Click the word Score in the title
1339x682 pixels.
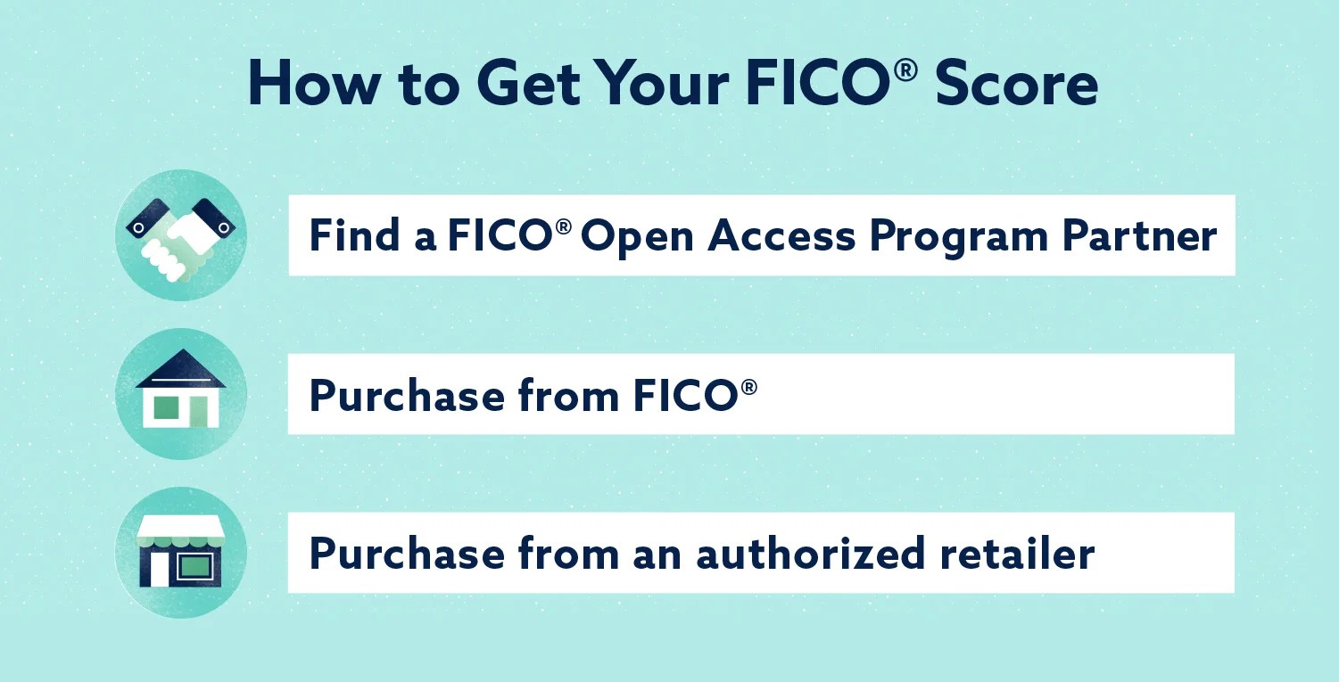[1016, 84]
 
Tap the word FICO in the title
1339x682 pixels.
[818, 84]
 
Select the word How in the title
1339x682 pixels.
[313, 84]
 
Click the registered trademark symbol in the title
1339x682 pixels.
[906, 70]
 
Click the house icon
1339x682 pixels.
[180, 389]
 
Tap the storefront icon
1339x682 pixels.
[180, 552]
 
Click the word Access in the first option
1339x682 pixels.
[781, 235]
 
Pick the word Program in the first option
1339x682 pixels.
[959, 239]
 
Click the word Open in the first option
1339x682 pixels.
[637, 239]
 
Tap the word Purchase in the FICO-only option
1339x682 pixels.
[407, 395]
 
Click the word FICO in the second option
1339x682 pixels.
[685, 395]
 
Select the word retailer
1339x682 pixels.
[1017, 553]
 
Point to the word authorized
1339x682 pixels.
[811, 553]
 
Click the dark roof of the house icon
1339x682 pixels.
[180, 368]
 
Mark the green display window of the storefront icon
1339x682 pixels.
[194, 565]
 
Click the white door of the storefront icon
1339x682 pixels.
[159, 569]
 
